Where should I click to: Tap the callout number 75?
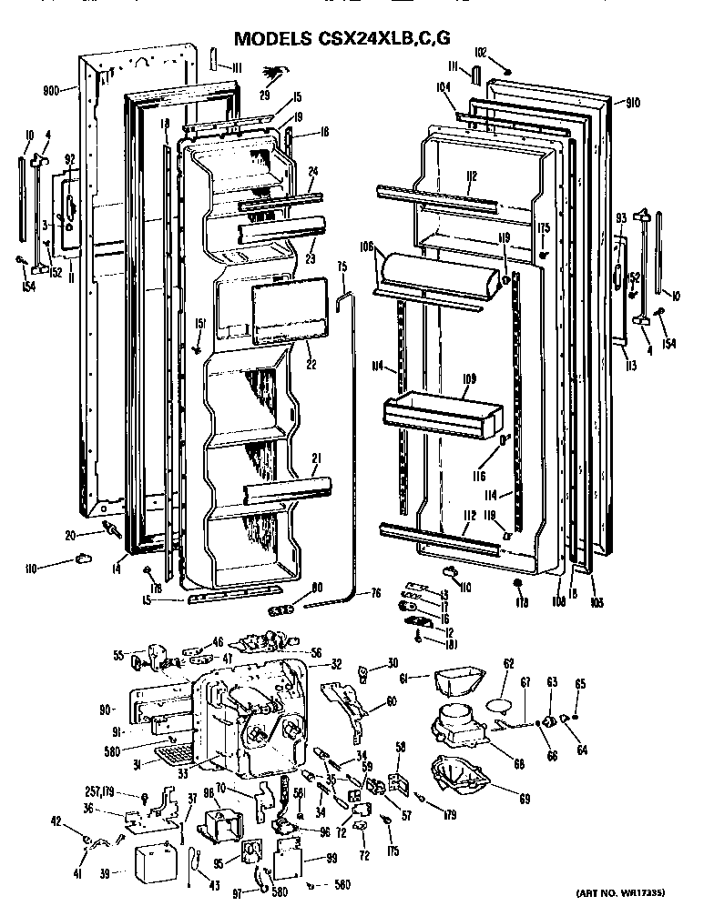342,267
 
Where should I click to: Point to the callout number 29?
265,96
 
